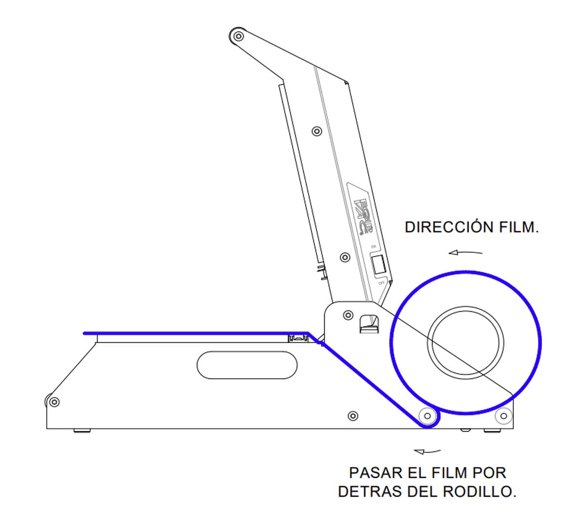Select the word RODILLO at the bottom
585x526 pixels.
[480, 491]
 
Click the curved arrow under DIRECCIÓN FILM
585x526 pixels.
[466, 252]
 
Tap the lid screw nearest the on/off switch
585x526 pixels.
[345, 257]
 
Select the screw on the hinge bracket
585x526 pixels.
[348, 315]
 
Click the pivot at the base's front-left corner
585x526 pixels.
[54, 402]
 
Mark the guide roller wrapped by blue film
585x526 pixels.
[428, 416]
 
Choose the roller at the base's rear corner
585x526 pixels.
[503, 416]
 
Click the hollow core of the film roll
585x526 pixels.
[466, 342]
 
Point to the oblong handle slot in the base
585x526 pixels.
[247, 365]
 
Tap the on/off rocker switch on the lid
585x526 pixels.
[378, 265]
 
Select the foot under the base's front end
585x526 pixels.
[82, 431]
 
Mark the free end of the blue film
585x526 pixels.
[85, 333]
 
